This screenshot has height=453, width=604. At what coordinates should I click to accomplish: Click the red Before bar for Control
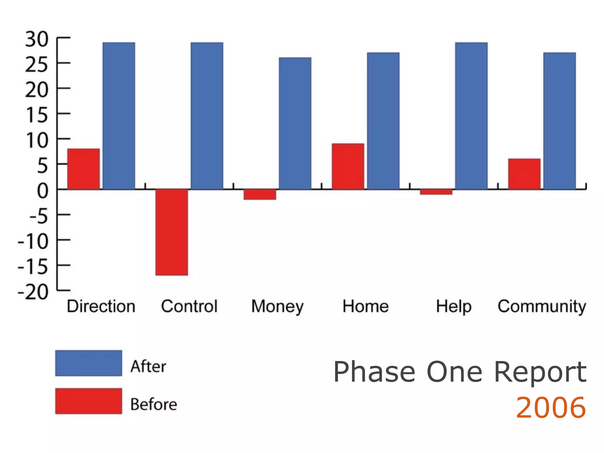click(172, 232)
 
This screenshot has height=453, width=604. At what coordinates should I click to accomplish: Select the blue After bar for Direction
click(119, 116)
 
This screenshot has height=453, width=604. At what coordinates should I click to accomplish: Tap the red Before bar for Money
click(260, 194)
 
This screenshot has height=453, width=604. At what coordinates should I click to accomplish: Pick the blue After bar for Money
click(295, 123)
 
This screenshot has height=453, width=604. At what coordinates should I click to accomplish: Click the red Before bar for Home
click(348, 166)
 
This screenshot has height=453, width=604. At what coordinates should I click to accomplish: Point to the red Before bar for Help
click(436, 192)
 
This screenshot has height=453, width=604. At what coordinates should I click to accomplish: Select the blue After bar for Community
click(559, 121)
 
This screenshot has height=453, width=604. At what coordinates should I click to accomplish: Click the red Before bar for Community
click(524, 174)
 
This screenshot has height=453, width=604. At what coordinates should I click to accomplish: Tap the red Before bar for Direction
click(83, 169)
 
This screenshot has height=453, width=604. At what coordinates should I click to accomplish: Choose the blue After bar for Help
click(471, 116)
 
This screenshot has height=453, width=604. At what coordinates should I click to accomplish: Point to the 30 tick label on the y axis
click(37, 39)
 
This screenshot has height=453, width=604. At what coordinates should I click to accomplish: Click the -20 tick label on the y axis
click(33, 292)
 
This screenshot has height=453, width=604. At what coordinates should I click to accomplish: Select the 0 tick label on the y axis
click(42, 191)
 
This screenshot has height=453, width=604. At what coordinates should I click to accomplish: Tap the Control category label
click(189, 306)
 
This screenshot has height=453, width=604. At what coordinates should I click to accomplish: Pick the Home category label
click(365, 306)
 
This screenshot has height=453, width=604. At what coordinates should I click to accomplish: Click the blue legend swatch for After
click(88, 363)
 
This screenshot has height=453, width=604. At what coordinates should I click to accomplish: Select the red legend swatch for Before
click(88, 401)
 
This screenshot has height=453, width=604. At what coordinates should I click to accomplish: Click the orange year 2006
click(551, 408)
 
